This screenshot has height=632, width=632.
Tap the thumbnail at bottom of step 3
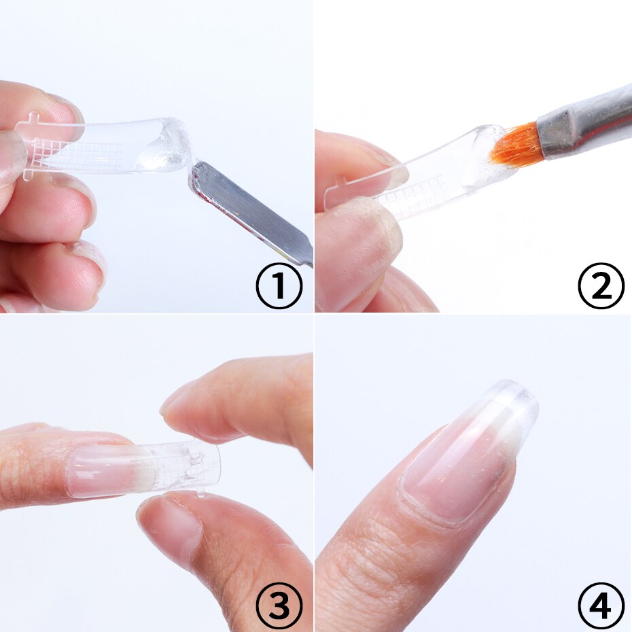click(166, 527)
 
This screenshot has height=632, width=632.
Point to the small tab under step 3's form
click(202, 493)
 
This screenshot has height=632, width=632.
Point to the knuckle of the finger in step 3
click(27, 469)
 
